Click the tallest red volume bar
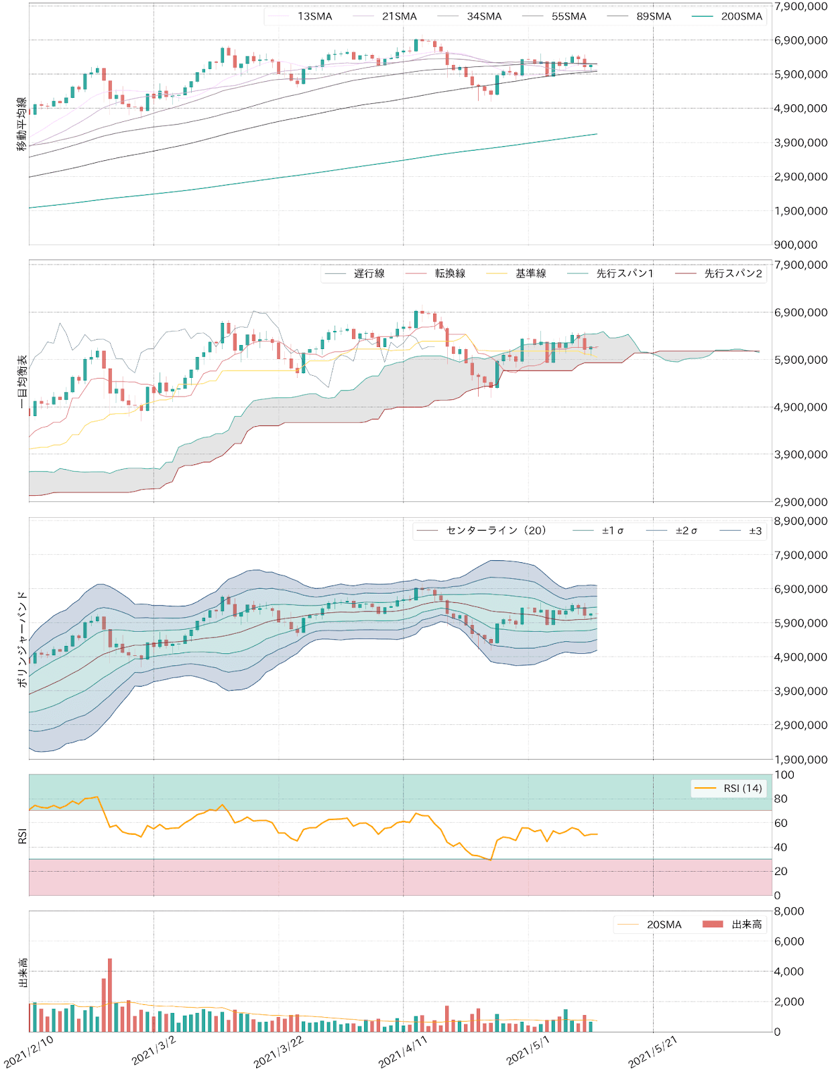(110, 995)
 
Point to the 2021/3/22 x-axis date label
(278, 1052)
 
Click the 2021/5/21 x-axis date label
(652, 1052)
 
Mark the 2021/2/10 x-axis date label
(28, 1052)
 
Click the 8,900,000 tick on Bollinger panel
(800, 521)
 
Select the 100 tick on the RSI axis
(784, 775)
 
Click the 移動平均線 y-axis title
(21, 124)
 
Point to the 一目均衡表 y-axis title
(21, 382)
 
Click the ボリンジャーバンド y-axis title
(21, 639)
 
